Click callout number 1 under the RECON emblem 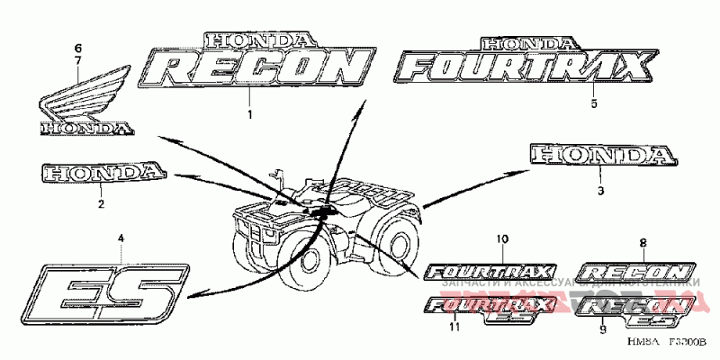tap(250, 114)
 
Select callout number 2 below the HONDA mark tap(101, 204)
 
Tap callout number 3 tap(600, 190)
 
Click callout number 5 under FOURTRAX tap(594, 103)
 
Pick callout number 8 tap(643, 243)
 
